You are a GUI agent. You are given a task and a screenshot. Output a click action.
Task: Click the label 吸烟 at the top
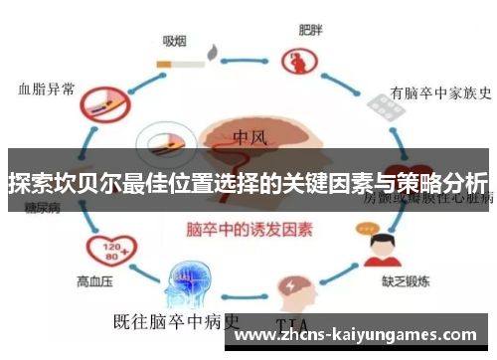click(x=175, y=42)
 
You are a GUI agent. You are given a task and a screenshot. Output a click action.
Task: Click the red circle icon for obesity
click(x=297, y=64)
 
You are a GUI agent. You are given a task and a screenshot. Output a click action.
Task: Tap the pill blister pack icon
click(x=385, y=104)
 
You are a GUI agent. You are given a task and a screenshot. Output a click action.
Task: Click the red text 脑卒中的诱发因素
click(x=248, y=229)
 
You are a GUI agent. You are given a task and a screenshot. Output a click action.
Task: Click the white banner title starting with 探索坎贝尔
click(x=248, y=182)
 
